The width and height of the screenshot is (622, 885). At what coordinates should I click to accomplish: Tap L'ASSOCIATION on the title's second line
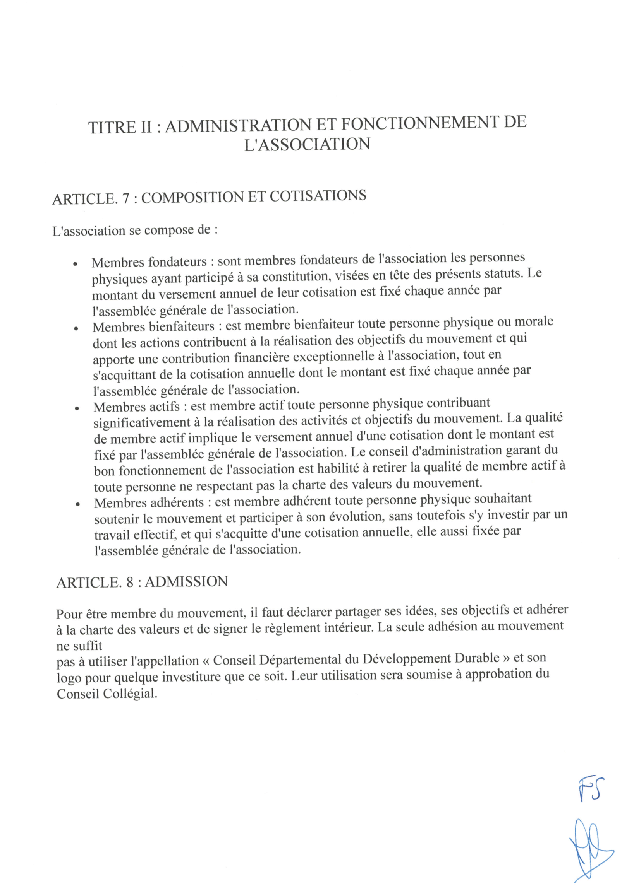click(x=307, y=144)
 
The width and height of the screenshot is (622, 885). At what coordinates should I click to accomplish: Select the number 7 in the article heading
click(x=125, y=198)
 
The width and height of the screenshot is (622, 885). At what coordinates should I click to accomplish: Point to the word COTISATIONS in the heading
click(x=318, y=196)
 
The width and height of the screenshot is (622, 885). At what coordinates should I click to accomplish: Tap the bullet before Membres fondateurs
click(x=76, y=264)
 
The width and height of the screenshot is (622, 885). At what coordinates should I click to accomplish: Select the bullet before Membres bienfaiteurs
click(x=76, y=329)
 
